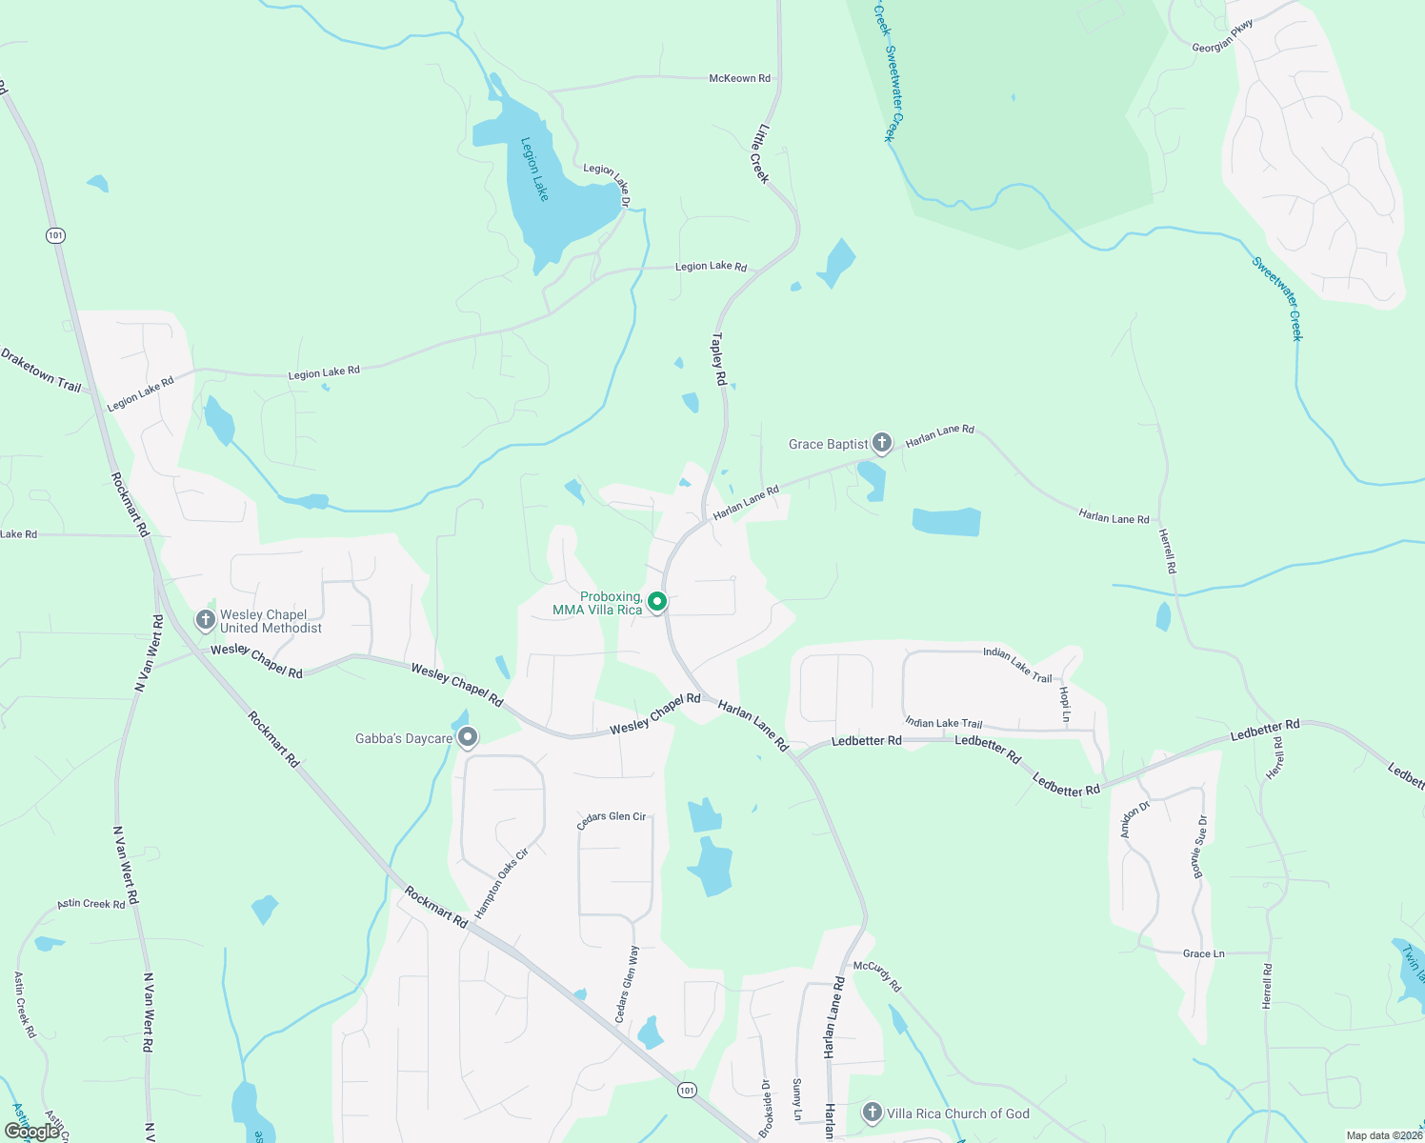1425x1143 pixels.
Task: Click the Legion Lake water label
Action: (534, 170)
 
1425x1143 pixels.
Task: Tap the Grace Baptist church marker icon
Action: (882, 442)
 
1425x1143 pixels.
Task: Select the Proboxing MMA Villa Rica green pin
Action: (656, 601)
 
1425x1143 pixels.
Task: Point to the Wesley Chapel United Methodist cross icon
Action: (205, 620)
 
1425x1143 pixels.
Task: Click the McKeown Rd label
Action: (739, 78)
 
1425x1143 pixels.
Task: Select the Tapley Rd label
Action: (719, 359)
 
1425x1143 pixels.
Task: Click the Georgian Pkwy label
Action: (1223, 36)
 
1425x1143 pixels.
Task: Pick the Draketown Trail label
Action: (41, 371)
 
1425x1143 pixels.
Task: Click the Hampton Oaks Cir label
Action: (501, 884)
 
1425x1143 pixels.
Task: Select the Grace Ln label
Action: (1203, 953)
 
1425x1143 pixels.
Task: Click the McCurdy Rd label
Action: (876, 975)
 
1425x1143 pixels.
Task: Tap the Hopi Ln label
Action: (1064, 703)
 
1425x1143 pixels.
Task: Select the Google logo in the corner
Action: (30, 1132)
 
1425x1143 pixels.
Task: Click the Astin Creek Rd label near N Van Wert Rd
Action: (91, 903)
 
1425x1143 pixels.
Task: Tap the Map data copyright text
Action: (1383, 1135)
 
